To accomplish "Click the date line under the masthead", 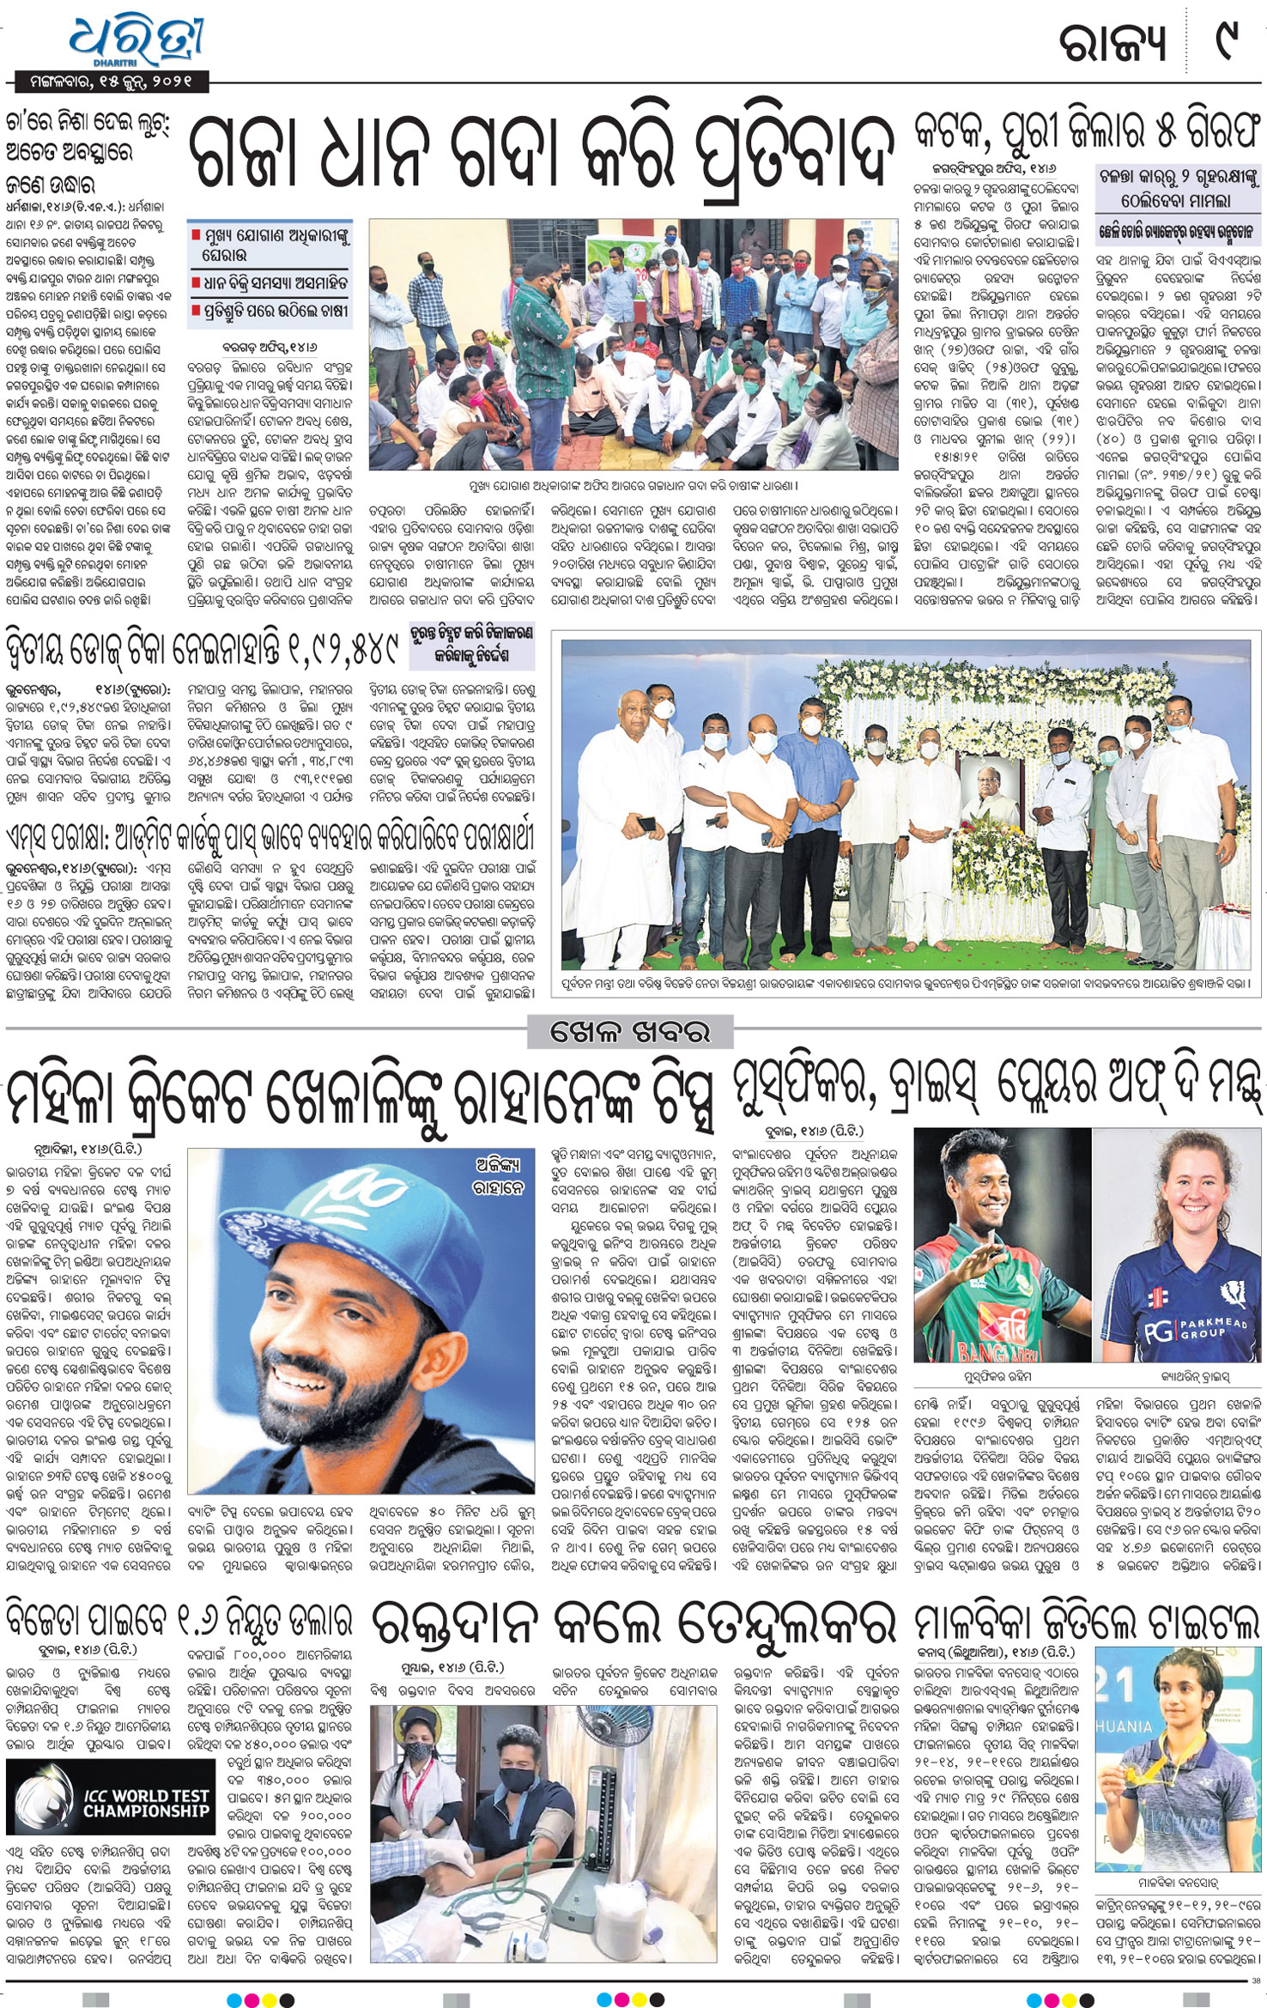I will click(110, 82).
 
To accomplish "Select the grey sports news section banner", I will click(631, 1031).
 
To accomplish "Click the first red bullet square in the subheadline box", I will click(196, 234).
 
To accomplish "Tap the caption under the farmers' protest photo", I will click(633, 487).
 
